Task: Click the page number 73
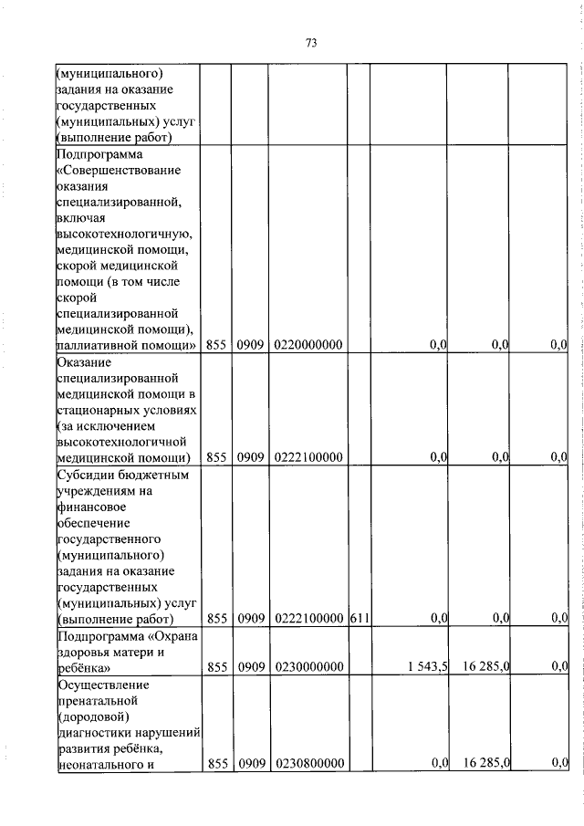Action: pos(310,43)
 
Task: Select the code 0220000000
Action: pos(308,345)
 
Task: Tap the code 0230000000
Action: pos(308,667)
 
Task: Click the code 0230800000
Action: pos(308,763)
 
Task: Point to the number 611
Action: pos(360,619)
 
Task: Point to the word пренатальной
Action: pos(97,700)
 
